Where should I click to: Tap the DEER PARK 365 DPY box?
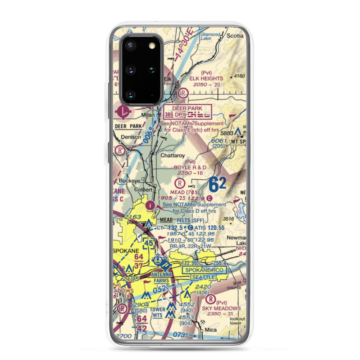click(188, 112)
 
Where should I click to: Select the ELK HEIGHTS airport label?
click(207, 78)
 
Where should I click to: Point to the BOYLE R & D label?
click(190, 167)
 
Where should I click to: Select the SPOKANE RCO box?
click(204, 270)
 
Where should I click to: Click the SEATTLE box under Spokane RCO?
click(203, 277)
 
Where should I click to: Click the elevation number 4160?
click(239, 76)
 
